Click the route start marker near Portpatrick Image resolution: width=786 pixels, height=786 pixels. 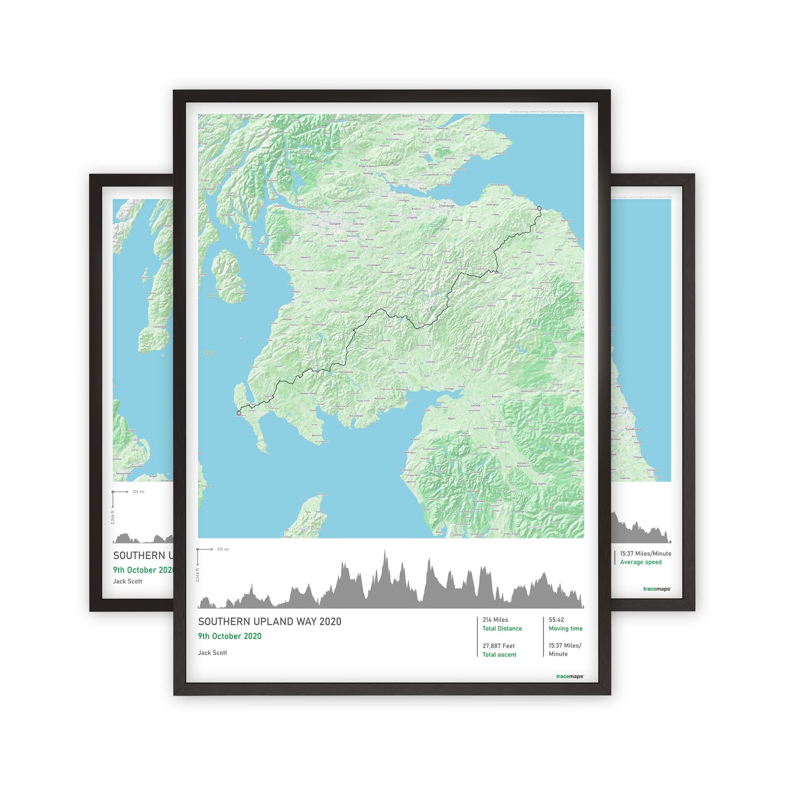(239, 413)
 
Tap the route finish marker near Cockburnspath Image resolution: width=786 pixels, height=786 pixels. (539, 208)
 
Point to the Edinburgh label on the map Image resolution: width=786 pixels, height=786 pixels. (448, 206)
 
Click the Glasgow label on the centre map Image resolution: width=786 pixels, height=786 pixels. (334, 224)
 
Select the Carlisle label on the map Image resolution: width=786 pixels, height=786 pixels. (475, 405)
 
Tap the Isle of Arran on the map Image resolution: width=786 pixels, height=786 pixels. (229, 275)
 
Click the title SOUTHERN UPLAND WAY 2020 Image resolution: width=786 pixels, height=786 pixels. (269, 622)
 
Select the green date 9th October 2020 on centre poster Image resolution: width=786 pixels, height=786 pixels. (230, 636)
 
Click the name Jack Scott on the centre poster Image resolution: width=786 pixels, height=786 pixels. (213, 653)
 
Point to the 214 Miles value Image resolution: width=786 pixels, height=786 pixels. (495, 620)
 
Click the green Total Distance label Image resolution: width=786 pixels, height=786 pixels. (502, 629)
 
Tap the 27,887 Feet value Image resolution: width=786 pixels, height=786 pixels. (498, 646)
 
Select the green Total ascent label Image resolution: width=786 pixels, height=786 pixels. (499, 655)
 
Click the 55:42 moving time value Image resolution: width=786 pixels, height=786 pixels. (556, 620)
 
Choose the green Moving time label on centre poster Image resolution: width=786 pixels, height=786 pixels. (565, 629)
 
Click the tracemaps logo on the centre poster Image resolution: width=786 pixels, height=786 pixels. (570, 677)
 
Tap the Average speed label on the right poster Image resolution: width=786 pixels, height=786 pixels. (641, 562)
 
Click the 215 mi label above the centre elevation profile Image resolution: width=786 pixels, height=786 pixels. (223, 549)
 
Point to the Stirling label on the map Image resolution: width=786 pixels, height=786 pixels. (368, 174)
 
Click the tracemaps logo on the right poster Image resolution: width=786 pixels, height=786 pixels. (657, 589)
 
